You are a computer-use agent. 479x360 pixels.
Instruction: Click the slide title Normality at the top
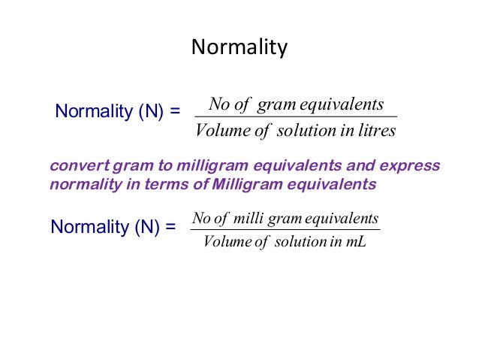point(239,47)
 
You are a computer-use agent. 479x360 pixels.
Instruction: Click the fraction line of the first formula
point(295,116)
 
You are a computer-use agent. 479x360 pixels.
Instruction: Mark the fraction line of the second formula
point(285,230)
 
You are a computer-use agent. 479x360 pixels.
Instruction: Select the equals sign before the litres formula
point(175,112)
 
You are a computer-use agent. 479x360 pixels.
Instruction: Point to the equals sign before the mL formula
point(170,227)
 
